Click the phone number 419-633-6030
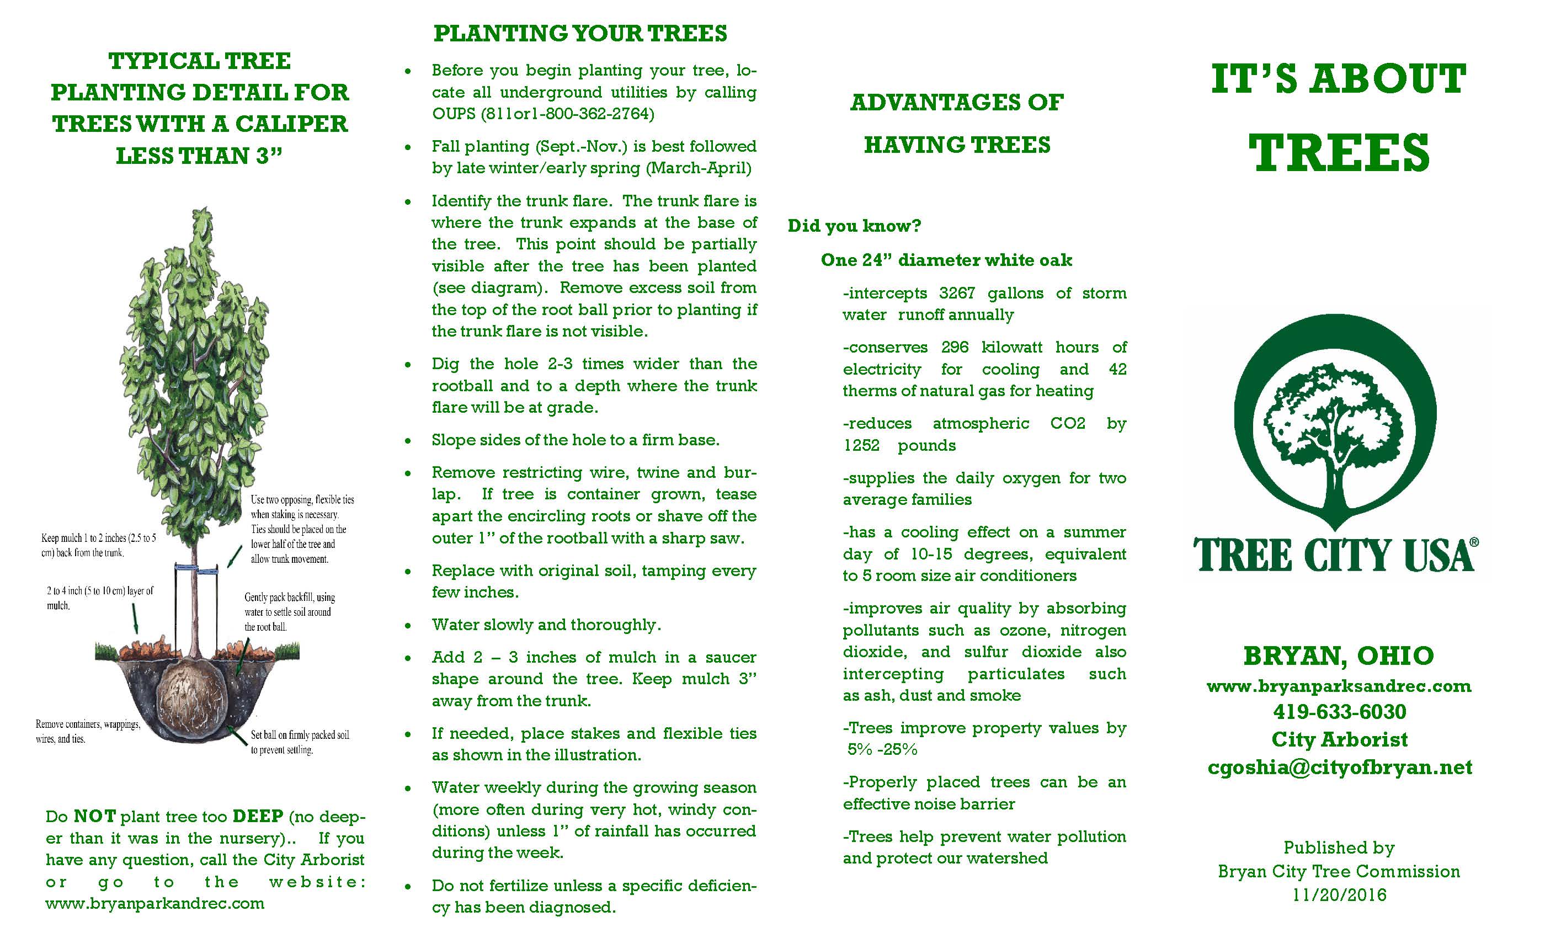pyautogui.click(x=1339, y=712)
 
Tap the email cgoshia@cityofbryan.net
pyautogui.click(x=1339, y=768)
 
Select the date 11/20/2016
pyautogui.click(x=1339, y=895)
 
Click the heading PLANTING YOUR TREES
pyautogui.click(x=580, y=33)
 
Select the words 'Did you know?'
pyautogui.click(x=854, y=226)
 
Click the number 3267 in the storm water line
pyautogui.click(x=957, y=294)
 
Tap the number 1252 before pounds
pyautogui.click(x=861, y=446)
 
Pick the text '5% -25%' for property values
pyautogui.click(x=882, y=750)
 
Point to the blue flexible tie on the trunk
pyautogui.click(x=196, y=569)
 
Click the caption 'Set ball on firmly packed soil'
pyautogui.click(x=300, y=735)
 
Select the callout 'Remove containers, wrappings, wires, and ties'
pyautogui.click(x=88, y=732)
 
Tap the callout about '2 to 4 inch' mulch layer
pyautogui.click(x=100, y=598)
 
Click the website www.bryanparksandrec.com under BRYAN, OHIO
pyautogui.click(x=1339, y=686)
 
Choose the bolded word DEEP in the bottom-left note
pyautogui.click(x=258, y=817)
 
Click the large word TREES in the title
pyautogui.click(x=1339, y=153)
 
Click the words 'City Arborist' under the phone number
pyautogui.click(x=1339, y=740)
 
